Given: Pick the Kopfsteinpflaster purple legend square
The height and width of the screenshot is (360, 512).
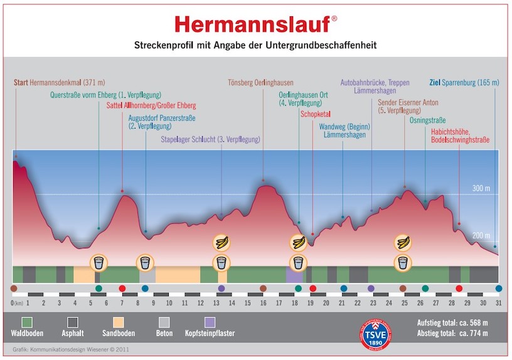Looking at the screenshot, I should pos(210,322).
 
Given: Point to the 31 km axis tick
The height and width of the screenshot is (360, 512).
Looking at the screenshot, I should pos(499,303).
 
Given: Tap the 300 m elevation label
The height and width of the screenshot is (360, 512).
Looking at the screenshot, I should pos(480,188).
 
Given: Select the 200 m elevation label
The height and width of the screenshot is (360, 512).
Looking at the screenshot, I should pos(480,235).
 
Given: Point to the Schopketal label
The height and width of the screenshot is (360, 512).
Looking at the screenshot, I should pos(316,115).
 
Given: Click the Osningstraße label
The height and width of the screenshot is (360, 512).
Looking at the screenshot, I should pos(429,119).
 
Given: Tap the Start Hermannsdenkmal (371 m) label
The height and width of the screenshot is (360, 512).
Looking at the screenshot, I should pos(59,82).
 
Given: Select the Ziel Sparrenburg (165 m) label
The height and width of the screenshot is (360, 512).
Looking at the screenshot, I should pos(464,82).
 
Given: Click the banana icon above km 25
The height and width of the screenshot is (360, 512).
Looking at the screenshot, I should pos(402,241).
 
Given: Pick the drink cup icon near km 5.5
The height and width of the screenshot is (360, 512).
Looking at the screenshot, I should pos(99,262).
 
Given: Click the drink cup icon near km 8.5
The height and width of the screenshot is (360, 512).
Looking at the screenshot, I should pos(146,262).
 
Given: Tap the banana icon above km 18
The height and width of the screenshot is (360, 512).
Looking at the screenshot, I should pos(297,241).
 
